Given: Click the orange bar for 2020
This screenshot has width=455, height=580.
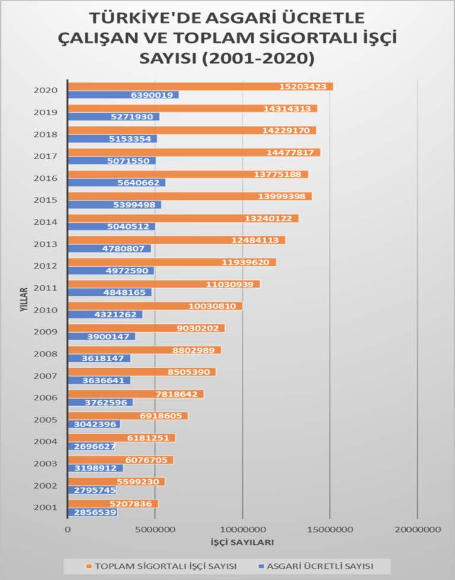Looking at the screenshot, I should tap(200, 87).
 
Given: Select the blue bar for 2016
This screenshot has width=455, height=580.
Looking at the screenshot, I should tap(117, 183).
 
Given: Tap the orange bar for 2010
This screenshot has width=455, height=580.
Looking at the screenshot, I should tap(155, 306).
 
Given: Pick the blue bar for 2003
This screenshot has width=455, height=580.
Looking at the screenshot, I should tap(96, 468).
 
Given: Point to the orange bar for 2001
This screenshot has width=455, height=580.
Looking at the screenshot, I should tap(113, 503).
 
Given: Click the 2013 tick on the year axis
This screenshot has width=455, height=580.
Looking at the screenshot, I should tap(46, 244).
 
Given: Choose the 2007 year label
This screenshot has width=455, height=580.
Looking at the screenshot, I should tap(46, 376).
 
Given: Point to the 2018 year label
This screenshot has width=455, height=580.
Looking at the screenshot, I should tap(46, 135).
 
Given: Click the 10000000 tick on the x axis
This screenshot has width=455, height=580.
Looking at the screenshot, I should tap(243, 529).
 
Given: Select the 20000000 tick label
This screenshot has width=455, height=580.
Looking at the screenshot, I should tap(418, 529).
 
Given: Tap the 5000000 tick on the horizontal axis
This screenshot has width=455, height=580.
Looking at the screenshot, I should tap(155, 529).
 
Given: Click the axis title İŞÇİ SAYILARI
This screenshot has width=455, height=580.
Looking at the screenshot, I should tap(242, 543).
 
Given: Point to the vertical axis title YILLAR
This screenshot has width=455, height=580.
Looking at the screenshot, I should tap(23, 299).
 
